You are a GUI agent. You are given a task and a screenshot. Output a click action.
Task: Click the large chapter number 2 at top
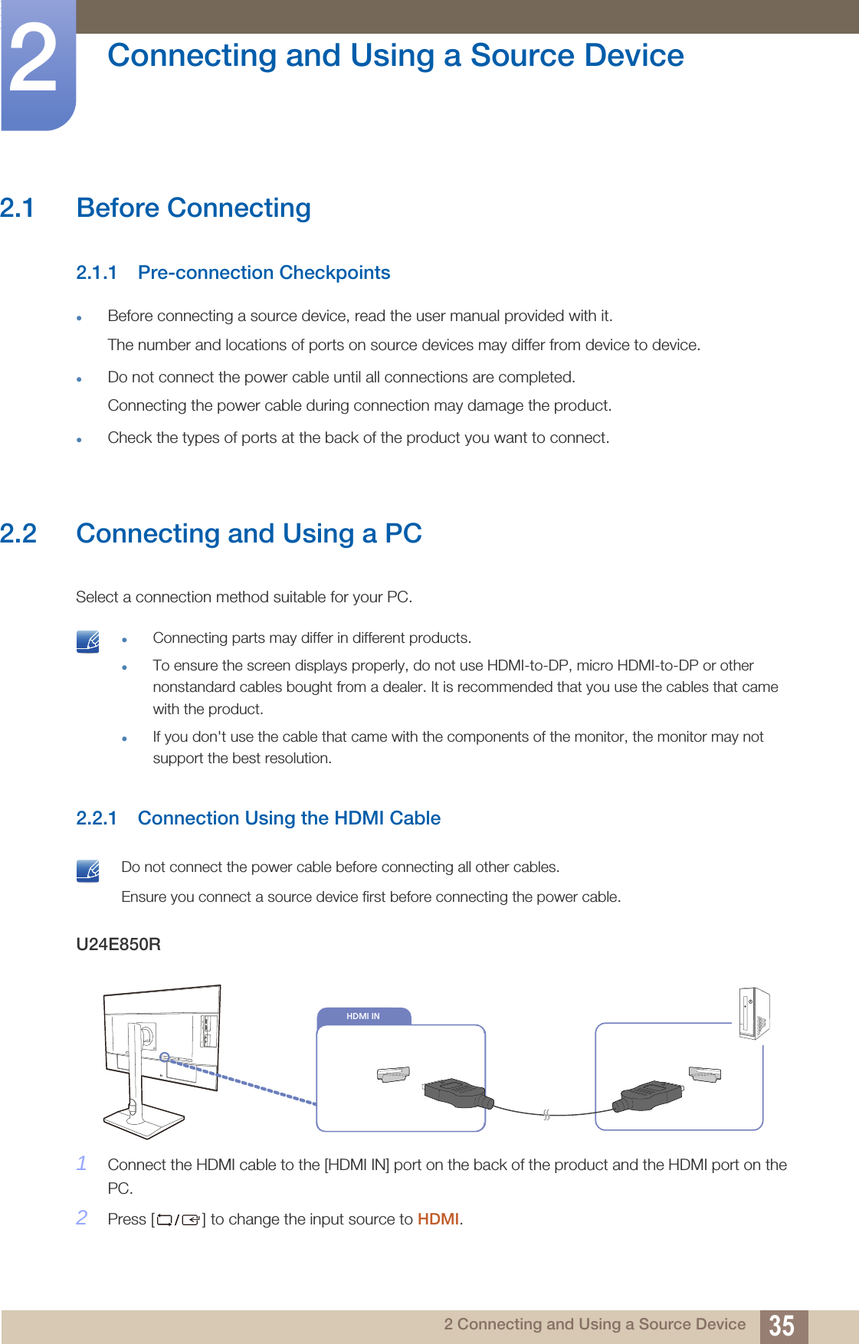click(x=34, y=60)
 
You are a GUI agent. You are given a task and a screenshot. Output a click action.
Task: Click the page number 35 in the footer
click(x=782, y=1325)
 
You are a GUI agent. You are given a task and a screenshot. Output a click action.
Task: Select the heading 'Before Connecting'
click(x=193, y=208)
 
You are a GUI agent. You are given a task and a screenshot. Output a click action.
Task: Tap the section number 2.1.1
click(x=97, y=273)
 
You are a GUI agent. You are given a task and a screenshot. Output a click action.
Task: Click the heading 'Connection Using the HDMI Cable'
click(x=289, y=818)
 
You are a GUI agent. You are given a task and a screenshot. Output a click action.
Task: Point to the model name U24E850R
click(x=118, y=944)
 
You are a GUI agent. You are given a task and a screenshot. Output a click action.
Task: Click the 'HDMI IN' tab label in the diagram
click(x=363, y=1016)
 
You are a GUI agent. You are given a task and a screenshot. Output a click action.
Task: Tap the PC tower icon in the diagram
click(x=754, y=1013)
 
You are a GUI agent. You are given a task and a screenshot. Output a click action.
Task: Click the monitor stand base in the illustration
click(x=144, y=1123)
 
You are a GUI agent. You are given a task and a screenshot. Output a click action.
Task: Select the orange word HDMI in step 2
click(x=438, y=1219)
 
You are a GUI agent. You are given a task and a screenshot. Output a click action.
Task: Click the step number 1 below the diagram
click(x=82, y=1163)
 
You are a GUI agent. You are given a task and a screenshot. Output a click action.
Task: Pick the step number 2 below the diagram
click(x=82, y=1218)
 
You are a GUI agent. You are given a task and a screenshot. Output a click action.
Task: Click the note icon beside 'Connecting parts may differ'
click(x=88, y=641)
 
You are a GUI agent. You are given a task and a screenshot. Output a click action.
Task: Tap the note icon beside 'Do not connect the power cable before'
click(x=88, y=870)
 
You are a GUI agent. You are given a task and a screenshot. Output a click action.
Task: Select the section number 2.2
click(x=18, y=533)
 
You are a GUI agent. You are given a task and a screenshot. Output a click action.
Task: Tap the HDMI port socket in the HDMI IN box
click(x=393, y=1074)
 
